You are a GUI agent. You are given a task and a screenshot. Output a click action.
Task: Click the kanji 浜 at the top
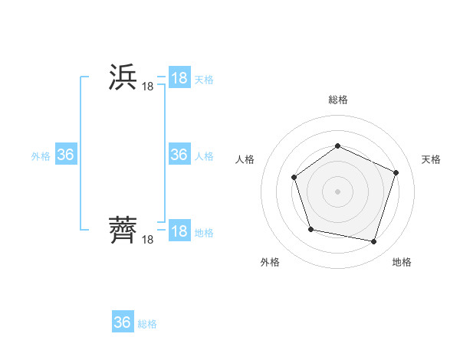(123, 78)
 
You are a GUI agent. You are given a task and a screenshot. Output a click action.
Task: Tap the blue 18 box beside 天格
(179, 78)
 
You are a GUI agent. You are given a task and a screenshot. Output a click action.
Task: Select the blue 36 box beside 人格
(179, 155)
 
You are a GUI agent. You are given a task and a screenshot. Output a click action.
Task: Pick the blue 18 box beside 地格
(179, 231)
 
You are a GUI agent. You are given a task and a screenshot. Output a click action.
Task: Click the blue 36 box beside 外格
(66, 155)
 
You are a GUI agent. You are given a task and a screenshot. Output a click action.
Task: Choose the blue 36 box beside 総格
(123, 322)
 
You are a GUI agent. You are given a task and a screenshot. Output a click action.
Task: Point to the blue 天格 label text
(204, 80)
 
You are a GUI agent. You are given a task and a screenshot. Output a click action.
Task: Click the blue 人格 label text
(204, 156)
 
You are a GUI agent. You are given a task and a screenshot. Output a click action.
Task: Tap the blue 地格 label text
(204, 233)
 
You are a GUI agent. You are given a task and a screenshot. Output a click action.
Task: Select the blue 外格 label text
(41, 156)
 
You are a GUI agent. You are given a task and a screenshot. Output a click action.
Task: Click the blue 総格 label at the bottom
(147, 324)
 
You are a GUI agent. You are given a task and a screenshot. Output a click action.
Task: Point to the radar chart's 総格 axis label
(337, 100)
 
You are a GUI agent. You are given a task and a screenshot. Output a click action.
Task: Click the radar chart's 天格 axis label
(432, 159)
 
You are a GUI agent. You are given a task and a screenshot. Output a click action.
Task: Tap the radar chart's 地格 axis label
(402, 263)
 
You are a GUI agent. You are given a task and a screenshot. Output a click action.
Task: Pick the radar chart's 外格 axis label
(270, 263)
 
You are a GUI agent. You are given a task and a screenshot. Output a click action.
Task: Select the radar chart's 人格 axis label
(245, 159)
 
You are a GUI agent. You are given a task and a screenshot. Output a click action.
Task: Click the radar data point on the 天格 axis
(396, 172)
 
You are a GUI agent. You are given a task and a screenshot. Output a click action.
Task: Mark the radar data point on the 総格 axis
(337, 146)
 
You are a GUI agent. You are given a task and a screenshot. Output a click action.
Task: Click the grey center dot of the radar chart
(337, 191)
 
